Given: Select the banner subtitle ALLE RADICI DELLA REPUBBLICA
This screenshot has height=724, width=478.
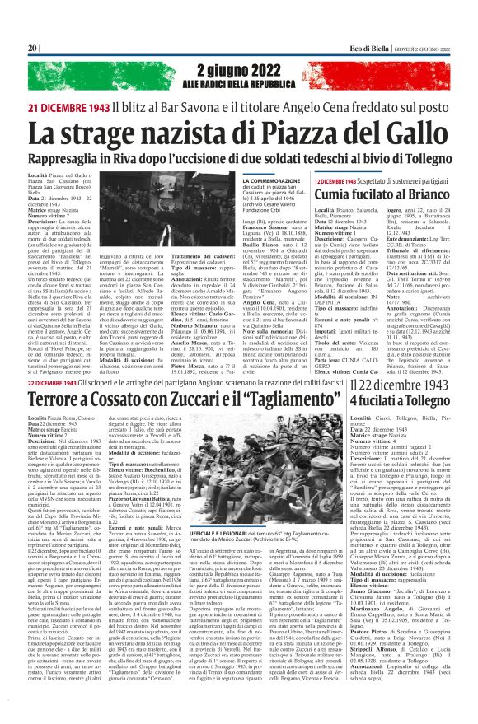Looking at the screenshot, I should [238, 85].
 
